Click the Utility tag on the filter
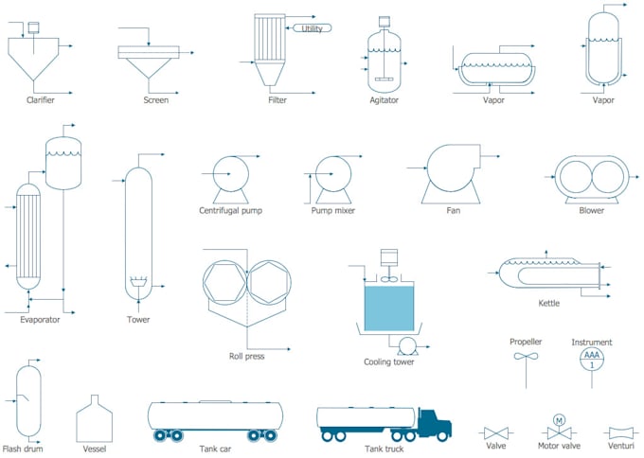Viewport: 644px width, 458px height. click(312, 28)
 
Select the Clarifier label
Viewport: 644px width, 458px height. click(41, 99)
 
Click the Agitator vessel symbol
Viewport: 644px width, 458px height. click(385, 59)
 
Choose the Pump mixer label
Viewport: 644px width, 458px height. click(333, 210)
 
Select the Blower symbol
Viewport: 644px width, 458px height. click(591, 175)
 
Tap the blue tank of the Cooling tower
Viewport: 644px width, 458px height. click(389, 308)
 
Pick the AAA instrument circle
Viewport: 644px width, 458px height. click(592, 359)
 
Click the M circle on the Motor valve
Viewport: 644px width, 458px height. click(559, 419)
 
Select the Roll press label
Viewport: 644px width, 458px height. click(246, 356)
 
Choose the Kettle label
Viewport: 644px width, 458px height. click(549, 303)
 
